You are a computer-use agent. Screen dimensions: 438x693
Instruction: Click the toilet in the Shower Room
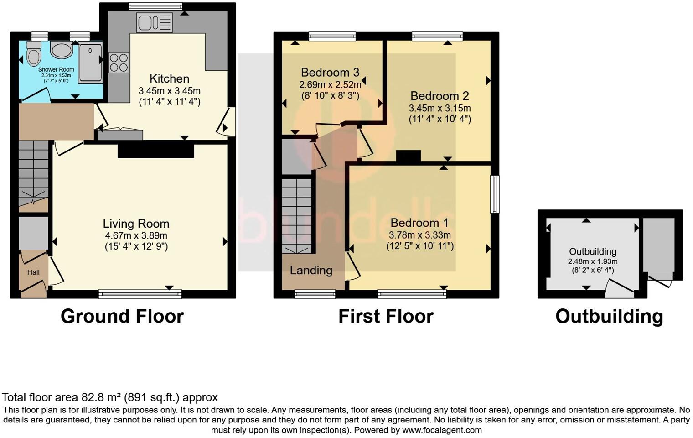coord(33,54)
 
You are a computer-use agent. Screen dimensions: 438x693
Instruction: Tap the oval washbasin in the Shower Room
coord(61,50)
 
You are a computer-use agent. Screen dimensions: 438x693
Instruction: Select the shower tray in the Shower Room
coord(90,63)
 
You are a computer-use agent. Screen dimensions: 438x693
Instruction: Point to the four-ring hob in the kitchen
coord(119,63)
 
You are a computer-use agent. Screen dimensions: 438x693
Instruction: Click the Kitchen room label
coord(169,78)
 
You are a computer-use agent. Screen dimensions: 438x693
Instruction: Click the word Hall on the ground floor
coord(33,272)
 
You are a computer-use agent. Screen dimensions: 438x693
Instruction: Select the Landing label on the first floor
coord(311,270)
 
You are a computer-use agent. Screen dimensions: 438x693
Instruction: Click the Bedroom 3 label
coord(330,72)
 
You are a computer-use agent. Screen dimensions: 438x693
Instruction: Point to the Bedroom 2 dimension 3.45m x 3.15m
coord(440,109)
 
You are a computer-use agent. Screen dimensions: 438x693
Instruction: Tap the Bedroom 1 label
coord(419,223)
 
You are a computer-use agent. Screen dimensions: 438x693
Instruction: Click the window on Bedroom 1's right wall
coord(495,194)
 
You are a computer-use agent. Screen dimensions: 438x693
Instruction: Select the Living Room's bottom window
coord(140,294)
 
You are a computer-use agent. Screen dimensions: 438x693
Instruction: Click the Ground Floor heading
coord(122,316)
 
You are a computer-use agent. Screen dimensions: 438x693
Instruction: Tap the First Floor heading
coord(386,316)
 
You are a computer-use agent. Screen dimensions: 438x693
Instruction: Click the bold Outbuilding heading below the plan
coord(609,316)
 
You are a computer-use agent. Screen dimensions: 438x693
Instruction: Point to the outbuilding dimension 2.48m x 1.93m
coord(593,261)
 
